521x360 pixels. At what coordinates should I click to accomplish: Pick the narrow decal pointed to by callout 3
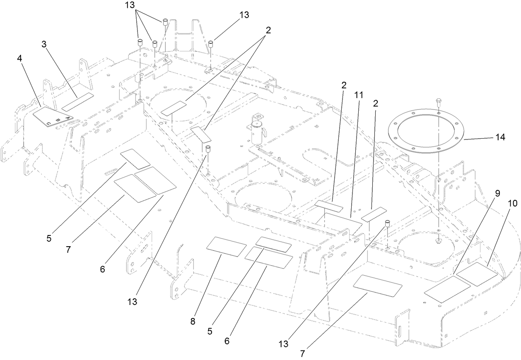pos(78,102)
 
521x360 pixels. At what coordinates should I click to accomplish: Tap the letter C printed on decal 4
pos(49,123)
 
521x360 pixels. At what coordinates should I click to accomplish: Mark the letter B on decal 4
pos(59,120)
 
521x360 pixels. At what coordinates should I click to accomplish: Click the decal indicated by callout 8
pos(226,247)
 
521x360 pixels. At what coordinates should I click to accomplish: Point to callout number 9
pos(497,193)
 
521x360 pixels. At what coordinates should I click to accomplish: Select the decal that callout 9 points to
pos(447,289)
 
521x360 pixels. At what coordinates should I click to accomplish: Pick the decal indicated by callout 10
pos(476,274)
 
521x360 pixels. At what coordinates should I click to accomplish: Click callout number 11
pos(358,95)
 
